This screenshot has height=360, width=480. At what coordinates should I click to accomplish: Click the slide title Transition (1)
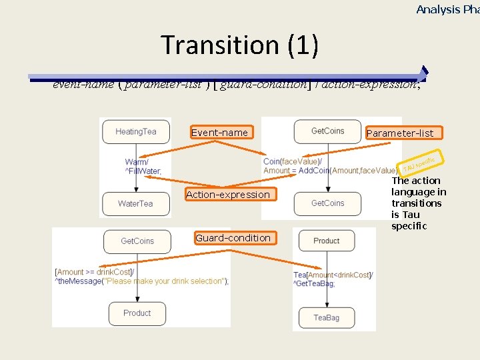(x=239, y=45)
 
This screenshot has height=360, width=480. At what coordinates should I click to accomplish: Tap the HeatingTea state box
(x=136, y=131)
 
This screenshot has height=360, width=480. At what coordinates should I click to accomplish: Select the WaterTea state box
(x=136, y=203)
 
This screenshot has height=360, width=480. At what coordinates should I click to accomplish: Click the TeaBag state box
(x=327, y=318)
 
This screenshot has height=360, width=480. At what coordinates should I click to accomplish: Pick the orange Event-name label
(x=219, y=133)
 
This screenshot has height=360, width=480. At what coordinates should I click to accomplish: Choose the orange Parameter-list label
(x=399, y=133)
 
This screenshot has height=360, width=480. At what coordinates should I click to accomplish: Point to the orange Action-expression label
(x=228, y=195)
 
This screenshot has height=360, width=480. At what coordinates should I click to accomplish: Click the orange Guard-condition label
(x=233, y=238)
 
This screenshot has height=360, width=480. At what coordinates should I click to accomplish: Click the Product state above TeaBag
(x=327, y=241)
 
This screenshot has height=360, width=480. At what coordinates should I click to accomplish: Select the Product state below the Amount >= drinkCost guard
(x=137, y=313)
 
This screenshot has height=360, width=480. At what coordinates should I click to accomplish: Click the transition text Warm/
(x=137, y=162)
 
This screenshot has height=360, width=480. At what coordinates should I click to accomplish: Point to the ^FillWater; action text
(x=143, y=171)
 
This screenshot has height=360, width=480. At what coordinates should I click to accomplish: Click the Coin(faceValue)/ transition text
(x=293, y=161)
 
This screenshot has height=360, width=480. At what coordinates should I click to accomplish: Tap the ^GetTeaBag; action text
(x=314, y=284)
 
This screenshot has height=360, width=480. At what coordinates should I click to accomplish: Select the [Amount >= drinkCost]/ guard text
(x=94, y=272)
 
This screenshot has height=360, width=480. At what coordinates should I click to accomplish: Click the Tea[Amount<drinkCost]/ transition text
(x=333, y=275)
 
